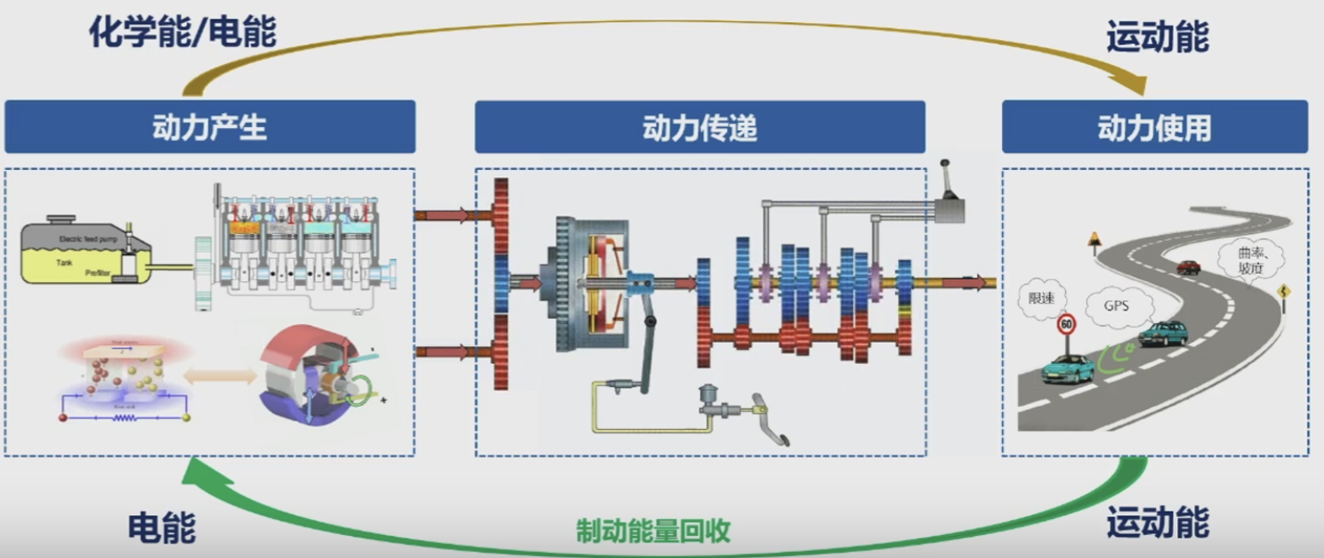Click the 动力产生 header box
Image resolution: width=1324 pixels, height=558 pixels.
210,127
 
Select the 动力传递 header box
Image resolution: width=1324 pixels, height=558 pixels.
699,127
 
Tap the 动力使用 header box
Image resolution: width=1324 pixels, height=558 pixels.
1154,127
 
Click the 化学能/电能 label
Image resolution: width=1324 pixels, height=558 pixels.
182,33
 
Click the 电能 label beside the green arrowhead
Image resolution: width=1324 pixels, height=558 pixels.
161,527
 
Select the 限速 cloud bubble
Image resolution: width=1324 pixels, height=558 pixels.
1039,299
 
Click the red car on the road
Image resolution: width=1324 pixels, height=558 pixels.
1188,266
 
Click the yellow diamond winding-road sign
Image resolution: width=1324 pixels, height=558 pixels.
1284,292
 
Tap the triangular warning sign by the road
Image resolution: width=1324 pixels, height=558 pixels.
1094,239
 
